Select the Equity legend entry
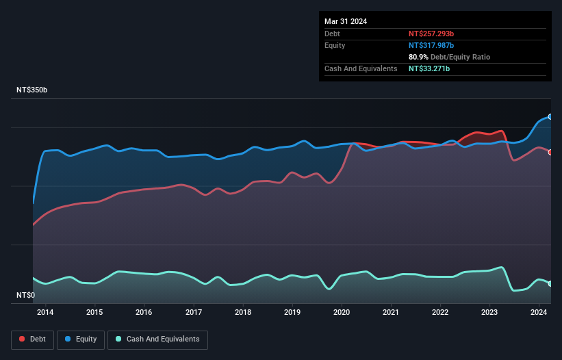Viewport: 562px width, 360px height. click(x=80, y=339)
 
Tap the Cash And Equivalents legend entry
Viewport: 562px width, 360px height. click(x=157, y=339)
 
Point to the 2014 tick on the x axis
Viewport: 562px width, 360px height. click(x=45, y=313)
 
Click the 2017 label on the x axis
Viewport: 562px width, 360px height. click(x=194, y=313)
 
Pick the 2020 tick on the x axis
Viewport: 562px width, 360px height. click(x=342, y=313)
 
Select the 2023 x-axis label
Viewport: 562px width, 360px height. click(x=489, y=313)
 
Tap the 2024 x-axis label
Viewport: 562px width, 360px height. click(x=539, y=313)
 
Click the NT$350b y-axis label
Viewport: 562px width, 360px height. click(x=32, y=90)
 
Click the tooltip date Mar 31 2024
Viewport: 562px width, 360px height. click(x=346, y=21)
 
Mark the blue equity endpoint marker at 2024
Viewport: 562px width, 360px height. click(x=550, y=117)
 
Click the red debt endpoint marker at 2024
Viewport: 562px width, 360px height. click(x=550, y=152)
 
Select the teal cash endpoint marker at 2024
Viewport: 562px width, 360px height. click(x=550, y=283)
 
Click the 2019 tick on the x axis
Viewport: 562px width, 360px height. click(x=292, y=313)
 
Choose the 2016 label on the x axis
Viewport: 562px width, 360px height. click(x=144, y=313)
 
